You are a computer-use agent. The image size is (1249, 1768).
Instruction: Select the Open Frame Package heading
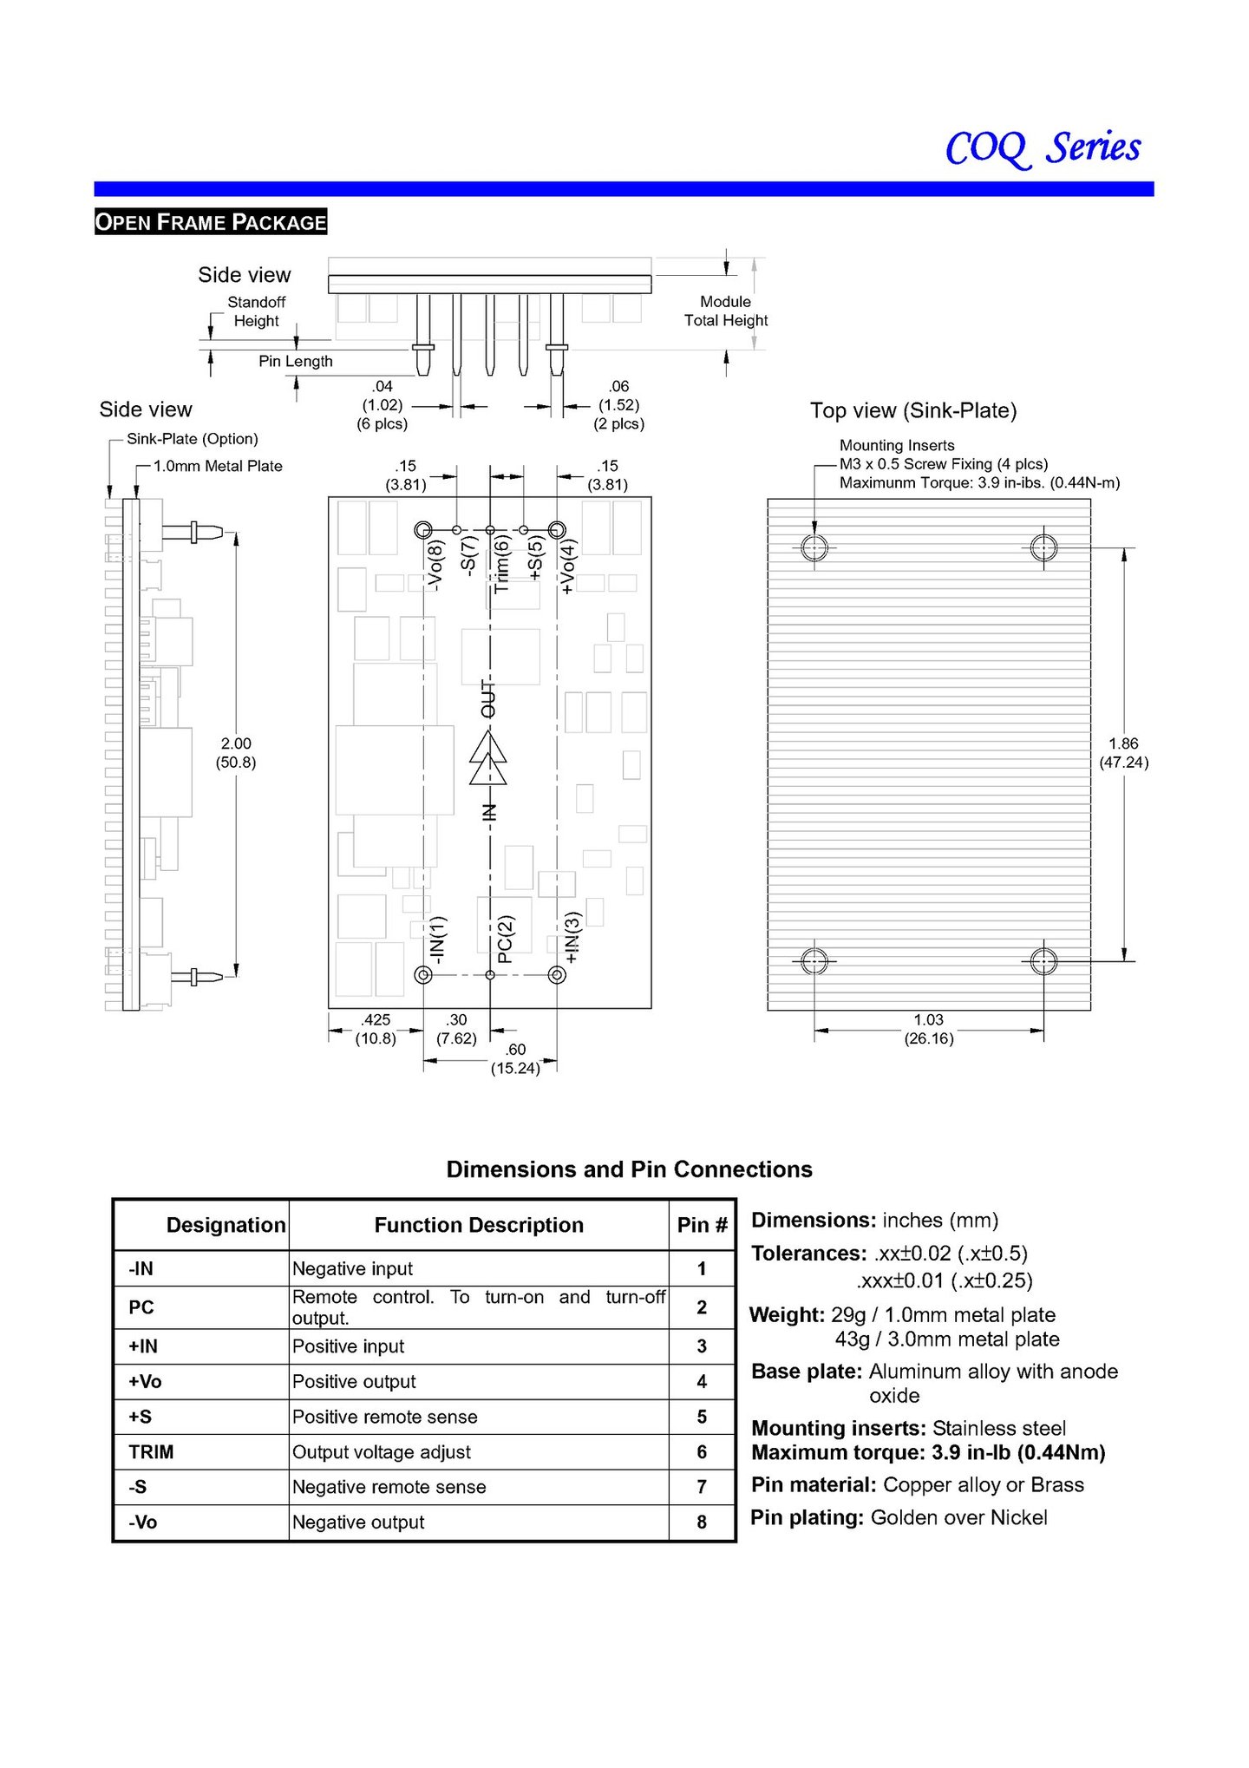[x=211, y=222]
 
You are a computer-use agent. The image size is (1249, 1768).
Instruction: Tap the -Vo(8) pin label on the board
[x=435, y=565]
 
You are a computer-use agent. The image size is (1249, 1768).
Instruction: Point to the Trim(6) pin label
[x=501, y=564]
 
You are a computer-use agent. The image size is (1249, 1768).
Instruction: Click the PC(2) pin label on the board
[x=506, y=940]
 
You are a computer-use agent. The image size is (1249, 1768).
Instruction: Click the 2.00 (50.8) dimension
[x=236, y=753]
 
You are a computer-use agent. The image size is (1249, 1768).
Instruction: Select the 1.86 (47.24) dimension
[x=1123, y=753]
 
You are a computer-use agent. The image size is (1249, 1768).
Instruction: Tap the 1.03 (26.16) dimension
[x=928, y=1029]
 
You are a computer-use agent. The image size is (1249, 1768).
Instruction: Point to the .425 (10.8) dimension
[x=376, y=1029]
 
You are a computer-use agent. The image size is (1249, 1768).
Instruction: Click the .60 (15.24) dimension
[x=515, y=1058]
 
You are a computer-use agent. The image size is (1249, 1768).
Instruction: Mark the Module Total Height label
[x=726, y=311]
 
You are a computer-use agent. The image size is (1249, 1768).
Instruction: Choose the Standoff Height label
[x=256, y=311]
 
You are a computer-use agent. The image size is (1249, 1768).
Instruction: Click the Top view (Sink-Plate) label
[x=913, y=410]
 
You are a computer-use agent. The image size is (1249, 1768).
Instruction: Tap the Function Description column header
[x=479, y=1225]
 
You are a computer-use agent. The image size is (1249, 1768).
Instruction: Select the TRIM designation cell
[x=151, y=1451]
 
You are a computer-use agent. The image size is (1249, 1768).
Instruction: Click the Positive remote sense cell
[x=384, y=1417]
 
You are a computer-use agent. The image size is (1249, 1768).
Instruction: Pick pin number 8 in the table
[x=702, y=1522]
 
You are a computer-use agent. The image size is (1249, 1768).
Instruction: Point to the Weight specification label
[x=787, y=1314]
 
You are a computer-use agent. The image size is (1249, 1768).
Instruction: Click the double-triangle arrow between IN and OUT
[x=488, y=757]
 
